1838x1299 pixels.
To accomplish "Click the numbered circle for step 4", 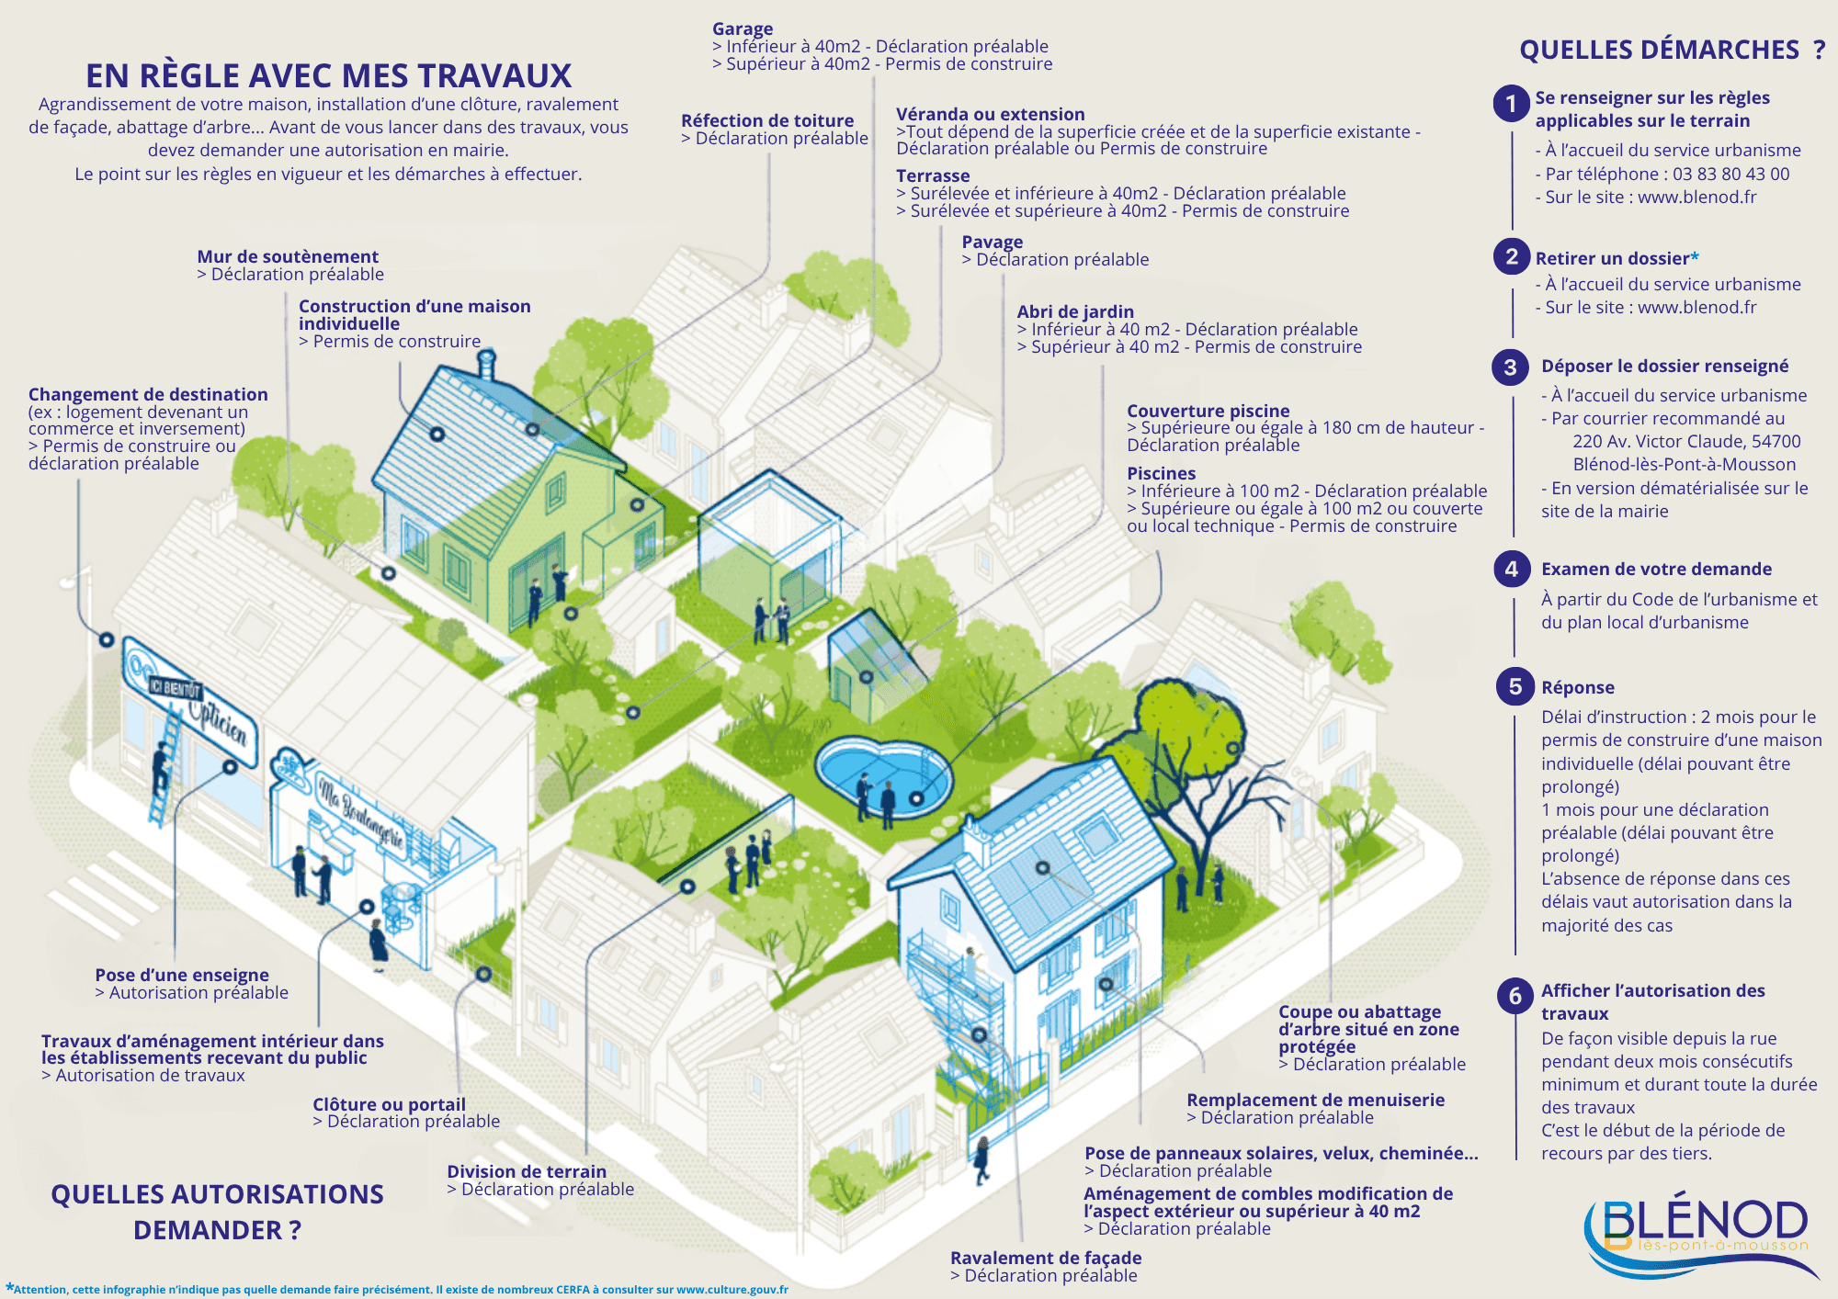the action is [1512, 570].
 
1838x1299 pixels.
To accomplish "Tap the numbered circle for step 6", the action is [1515, 996].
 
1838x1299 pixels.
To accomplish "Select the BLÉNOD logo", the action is [1700, 1236].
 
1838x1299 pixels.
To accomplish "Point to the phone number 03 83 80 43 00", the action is [1731, 174].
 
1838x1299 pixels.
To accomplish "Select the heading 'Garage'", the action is [743, 28].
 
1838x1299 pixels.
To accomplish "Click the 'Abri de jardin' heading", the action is [1075, 311].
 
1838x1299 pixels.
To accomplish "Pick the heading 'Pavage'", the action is [993, 242].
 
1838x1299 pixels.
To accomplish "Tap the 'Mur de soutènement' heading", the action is [288, 256].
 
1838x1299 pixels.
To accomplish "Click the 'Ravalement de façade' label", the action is [1046, 1258].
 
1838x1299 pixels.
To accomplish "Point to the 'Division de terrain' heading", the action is [527, 1171].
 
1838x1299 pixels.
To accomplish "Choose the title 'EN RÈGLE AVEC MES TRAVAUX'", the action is [329, 75].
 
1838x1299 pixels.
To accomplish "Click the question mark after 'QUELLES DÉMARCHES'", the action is [1819, 50].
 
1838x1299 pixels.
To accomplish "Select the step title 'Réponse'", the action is [1578, 688].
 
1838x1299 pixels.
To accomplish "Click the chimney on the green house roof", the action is [486, 365].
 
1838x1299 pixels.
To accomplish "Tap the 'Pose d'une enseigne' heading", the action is [182, 975].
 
